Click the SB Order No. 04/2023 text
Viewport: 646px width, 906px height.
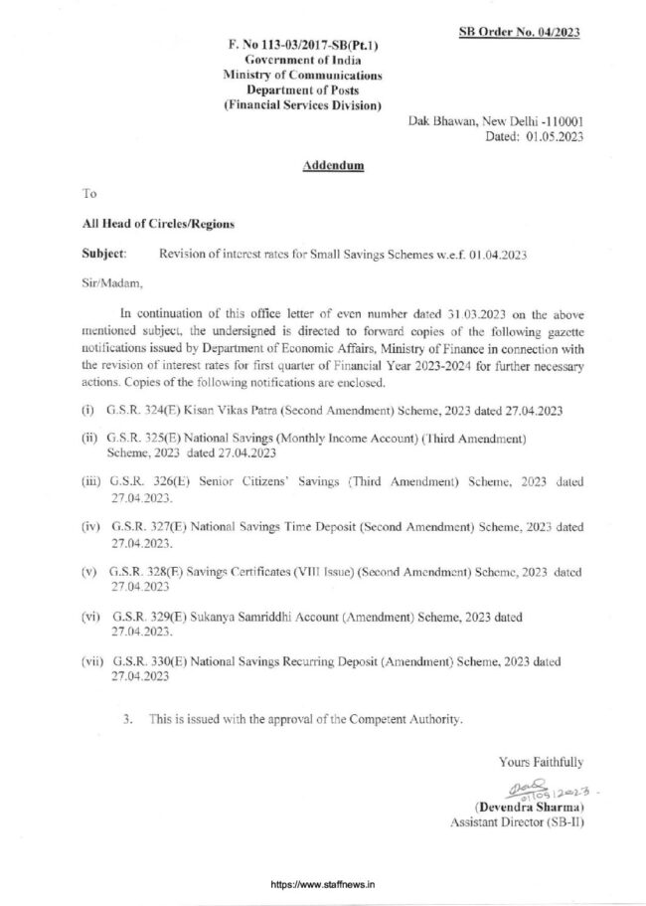click(520, 32)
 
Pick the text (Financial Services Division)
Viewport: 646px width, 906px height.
click(302, 105)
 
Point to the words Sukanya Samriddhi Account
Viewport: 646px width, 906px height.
click(257, 617)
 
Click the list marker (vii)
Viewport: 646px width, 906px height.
click(92, 661)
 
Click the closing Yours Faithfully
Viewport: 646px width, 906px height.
click(541, 762)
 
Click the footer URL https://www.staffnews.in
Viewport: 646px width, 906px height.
click(322, 883)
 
